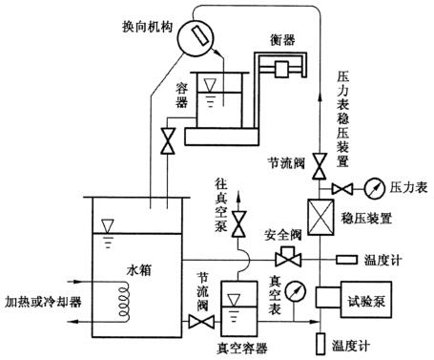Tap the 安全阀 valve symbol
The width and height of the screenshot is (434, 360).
[x=283, y=259]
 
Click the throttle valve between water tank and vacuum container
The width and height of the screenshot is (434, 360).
[x=199, y=324]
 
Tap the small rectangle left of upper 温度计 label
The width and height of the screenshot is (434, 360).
[x=346, y=260]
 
